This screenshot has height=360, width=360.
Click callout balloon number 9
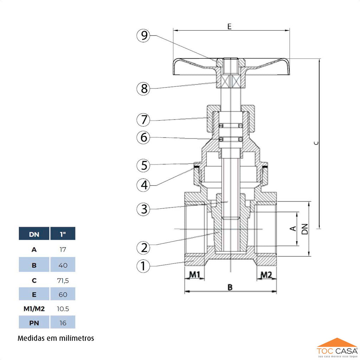(x=144, y=36)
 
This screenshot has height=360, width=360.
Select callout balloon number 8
(x=144, y=89)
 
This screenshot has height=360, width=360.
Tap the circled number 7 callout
(x=144, y=120)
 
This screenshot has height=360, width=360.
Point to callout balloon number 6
(x=144, y=137)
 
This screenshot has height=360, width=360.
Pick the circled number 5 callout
(x=144, y=165)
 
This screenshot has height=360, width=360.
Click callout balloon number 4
(x=144, y=185)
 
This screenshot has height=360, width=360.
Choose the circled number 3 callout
(x=144, y=210)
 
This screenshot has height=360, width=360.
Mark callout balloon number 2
(x=144, y=247)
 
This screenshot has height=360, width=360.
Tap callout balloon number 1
(x=143, y=266)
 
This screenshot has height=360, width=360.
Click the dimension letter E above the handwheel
(x=229, y=26)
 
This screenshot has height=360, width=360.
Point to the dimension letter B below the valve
(x=230, y=288)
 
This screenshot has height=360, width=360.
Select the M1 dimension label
(x=195, y=275)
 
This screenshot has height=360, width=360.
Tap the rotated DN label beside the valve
(x=305, y=229)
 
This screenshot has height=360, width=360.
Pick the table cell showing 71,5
(x=63, y=280)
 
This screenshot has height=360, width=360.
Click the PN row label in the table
(x=34, y=322)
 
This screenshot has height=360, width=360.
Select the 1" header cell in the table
(x=63, y=234)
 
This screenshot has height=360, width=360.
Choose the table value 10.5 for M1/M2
(x=63, y=309)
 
